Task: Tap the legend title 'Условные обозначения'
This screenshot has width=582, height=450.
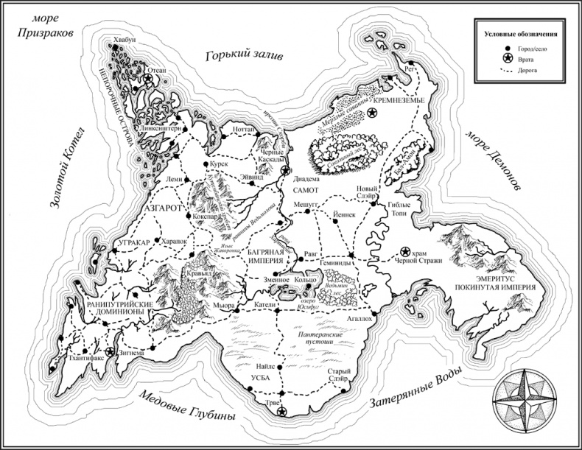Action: click(x=519, y=35)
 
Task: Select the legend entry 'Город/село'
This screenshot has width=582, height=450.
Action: click(x=525, y=49)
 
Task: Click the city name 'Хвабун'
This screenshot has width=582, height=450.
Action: click(x=126, y=41)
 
